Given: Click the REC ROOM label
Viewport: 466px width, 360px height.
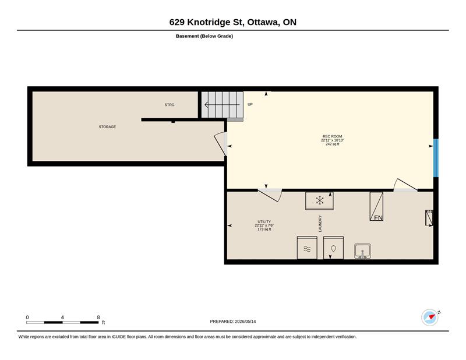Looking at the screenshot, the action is tap(332, 136).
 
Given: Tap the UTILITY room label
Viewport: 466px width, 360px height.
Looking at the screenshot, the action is tap(264, 221).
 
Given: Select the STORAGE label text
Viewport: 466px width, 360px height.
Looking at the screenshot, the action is tap(107, 126).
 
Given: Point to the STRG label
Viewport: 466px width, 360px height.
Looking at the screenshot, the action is tap(170, 105).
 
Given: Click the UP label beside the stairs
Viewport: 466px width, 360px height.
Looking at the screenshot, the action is tap(250, 104).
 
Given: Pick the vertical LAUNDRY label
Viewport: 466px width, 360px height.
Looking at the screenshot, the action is tap(320, 224).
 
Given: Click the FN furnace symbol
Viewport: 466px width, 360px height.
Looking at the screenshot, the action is tap(376, 206).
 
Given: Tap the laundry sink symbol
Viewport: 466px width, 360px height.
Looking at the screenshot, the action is tap(362, 251).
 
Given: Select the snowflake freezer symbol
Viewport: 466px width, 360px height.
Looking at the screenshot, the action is tap(319, 200).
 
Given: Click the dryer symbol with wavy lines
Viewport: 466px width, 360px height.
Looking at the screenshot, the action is tap(307, 248).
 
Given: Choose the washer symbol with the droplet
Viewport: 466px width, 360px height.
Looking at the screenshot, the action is tap(333, 248).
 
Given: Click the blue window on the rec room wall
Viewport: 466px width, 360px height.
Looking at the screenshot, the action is tap(436, 158).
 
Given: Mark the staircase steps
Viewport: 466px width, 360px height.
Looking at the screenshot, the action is tap(223, 105).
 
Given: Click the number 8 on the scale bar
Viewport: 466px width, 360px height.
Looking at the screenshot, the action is tap(98, 317).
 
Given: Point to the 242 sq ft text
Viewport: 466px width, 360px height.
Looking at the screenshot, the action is tap(332, 144).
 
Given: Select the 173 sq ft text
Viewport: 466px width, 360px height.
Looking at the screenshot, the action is tap(264, 229).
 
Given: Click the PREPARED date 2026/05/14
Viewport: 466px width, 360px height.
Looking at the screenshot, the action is tap(245, 322).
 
